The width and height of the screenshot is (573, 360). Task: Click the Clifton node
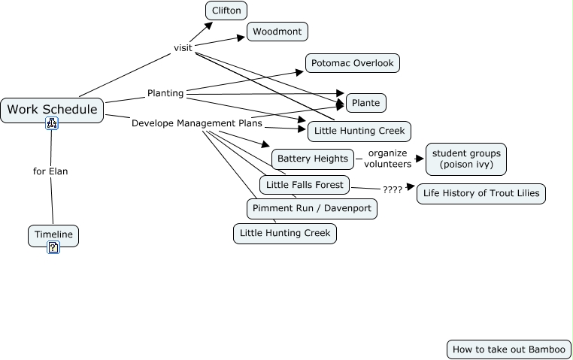click(x=226, y=11)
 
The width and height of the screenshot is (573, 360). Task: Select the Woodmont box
click(x=277, y=32)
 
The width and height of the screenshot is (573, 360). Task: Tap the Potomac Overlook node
click(x=352, y=63)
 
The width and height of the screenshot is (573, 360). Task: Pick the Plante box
click(x=366, y=102)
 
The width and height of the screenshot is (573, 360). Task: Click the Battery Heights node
click(x=313, y=159)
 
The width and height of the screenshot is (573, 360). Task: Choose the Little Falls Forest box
click(x=305, y=184)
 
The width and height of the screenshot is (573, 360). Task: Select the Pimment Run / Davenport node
click(x=311, y=208)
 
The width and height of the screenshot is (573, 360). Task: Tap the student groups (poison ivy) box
click(x=466, y=159)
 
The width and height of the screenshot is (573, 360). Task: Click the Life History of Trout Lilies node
click(x=481, y=193)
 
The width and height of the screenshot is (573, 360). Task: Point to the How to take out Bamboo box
click(x=508, y=349)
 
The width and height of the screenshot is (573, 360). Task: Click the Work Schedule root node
click(x=52, y=110)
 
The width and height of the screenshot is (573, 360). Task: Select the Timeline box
click(x=53, y=234)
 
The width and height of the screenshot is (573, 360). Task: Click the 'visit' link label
click(x=183, y=47)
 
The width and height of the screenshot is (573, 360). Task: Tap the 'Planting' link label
click(x=165, y=93)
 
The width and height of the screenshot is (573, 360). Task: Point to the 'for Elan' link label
click(x=50, y=171)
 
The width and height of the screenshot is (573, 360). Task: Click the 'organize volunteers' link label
click(x=387, y=159)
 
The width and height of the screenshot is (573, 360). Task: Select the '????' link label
click(x=392, y=189)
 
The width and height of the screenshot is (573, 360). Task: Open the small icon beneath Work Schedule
click(x=52, y=123)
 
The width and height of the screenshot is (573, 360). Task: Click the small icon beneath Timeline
click(x=53, y=247)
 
